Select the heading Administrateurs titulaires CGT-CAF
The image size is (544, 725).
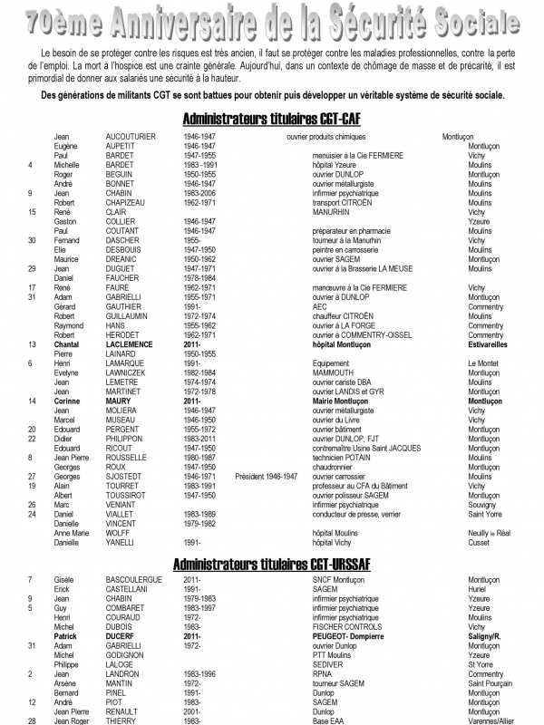click(271, 119)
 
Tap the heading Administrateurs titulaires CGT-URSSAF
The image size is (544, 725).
click(271, 565)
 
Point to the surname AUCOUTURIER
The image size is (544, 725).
click(132, 137)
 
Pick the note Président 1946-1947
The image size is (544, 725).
click(266, 476)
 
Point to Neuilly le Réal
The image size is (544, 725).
click(491, 533)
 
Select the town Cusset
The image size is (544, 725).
click(479, 542)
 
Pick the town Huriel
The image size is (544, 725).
click(478, 588)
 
